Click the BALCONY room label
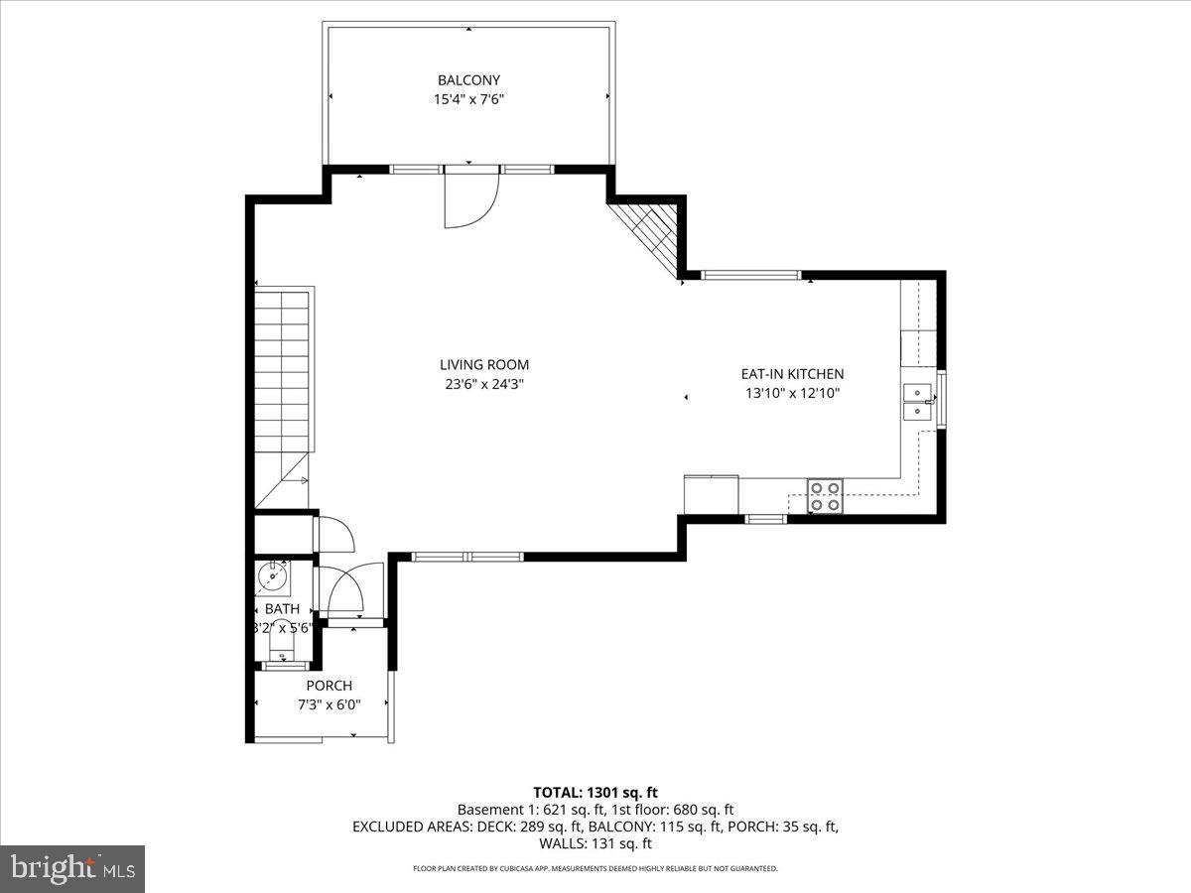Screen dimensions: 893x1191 pyautogui.click(x=468, y=80)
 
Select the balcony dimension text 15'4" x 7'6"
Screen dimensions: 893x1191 pyautogui.click(x=468, y=99)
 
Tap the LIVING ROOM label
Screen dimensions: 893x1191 pyautogui.click(x=484, y=365)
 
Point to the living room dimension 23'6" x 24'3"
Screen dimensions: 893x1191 pyautogui.click(x=484, y=384)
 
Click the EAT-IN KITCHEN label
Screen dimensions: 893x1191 pyautogui.click(x=792, y=374)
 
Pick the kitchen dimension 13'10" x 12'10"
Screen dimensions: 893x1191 pyautogui.click(x=792, y=393)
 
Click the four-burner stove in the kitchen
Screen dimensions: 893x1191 pyautogui.click(x=825, y=495)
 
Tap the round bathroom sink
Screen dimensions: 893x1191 pyautogui.click(x=272, y=574)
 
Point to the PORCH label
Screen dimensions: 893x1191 pyautogui.click(x=329, y=686)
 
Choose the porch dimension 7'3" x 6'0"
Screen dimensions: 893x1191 pyautogui.click(x=329, y=704)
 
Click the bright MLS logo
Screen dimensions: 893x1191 pyautogui.click(x=72, y=868)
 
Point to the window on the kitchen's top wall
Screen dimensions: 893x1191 pyautogui.click(x=750, y=275)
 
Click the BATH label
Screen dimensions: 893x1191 pyautogui.click(x=282, y=609)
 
